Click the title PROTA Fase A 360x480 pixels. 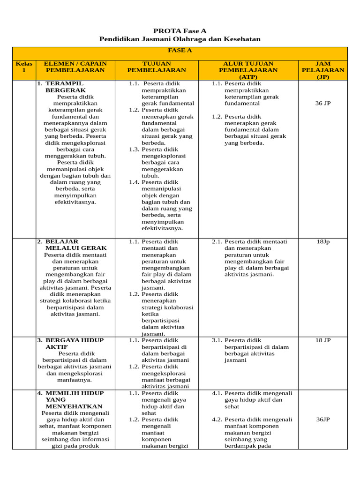click(180, 30)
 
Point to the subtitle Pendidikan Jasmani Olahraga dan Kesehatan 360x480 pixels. click(180, 39)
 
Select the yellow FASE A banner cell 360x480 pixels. click(180, 51)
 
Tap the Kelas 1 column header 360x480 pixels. click(24, 67)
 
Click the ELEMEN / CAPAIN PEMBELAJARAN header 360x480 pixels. click(75, 67)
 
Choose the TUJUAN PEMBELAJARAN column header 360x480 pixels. click(157, 67)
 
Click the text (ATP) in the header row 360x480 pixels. click(247, 76)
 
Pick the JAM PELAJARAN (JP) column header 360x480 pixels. click(322, 70)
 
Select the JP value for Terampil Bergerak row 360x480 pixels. click(322, 103)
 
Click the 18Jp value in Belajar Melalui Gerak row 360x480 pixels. click(322, 242)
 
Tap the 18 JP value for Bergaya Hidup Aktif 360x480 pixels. click(322, 340)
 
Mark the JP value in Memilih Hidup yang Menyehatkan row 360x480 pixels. click(322, 420)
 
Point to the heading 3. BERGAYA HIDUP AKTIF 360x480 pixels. click(70, 343)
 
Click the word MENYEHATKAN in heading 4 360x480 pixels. click(74, 406)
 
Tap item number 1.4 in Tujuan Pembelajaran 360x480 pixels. click(135, 182)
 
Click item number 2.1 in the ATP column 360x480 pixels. click(217, 242)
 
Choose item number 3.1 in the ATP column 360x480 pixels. click(217, 340)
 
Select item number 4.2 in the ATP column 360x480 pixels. click(217, 420)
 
